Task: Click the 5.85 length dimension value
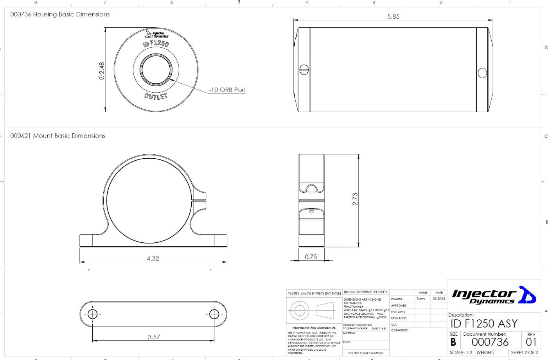coord(393,16)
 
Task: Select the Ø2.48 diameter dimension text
coord(102,71)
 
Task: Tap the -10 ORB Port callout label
coord(227,90)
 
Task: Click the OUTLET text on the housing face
coord(156,96)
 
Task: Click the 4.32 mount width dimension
coord(153,258)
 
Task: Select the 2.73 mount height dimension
coord(355,199)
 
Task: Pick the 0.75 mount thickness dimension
coord(311,257)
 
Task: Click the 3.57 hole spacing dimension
coord(154,337)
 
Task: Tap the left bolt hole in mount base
coord(92,314)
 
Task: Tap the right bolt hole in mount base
coord(214,314)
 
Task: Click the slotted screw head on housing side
coord(304,70)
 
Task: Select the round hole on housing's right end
coord(482,73)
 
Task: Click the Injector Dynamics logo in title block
coord(494,296)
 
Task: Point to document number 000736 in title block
coord(490,342)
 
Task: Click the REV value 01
coord(531,342)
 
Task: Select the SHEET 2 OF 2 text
coord(525,353)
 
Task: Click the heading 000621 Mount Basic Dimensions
coord(58,136)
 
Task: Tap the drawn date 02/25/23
coord(439,299)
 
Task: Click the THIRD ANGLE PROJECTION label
coord(314,294)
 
